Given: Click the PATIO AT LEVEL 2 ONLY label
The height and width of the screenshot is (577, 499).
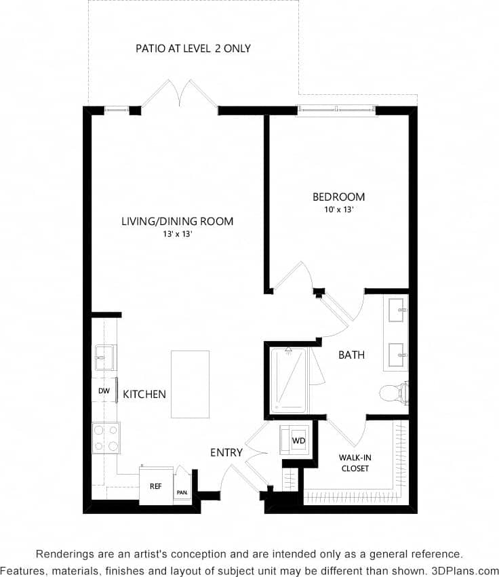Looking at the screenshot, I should [193, 48].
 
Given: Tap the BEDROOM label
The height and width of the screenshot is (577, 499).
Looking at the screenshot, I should [338, 197].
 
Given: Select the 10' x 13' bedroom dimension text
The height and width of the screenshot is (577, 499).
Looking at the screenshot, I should [338, 210].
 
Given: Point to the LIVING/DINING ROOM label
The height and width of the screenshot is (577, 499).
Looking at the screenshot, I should [177, 221].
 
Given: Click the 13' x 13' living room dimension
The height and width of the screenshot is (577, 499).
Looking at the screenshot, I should [177, 234].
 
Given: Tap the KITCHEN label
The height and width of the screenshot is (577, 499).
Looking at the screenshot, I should [144, 394].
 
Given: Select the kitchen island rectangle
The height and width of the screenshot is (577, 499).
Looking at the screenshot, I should [190, 384].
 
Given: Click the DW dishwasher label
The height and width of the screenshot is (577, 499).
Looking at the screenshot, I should [104, 391].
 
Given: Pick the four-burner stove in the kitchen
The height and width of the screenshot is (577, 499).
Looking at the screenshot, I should [106, 438].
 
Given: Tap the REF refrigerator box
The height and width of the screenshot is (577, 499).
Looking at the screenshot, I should [156, 486].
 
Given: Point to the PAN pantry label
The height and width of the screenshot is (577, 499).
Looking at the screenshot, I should [182, 493].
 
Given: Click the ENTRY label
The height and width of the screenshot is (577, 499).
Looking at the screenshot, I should [226, 452].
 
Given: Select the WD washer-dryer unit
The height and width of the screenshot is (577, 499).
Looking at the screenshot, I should [298, 440].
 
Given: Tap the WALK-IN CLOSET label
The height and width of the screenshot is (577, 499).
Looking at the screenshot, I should [355, 463].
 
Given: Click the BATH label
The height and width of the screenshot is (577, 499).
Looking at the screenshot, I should [352, 355].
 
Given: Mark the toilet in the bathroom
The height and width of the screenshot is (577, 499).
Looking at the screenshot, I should [393, 392].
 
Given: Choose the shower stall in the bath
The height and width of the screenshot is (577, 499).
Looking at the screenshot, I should [290, 380].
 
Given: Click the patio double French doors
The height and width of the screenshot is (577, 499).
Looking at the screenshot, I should [179, 95].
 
